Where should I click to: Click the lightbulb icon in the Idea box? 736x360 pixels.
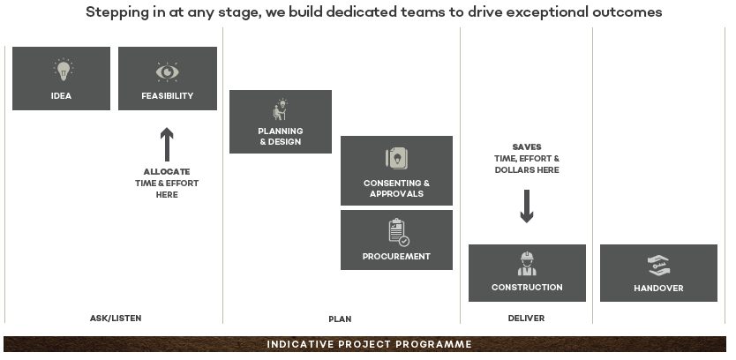(62, 70)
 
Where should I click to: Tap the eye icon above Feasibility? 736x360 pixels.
(167, 71)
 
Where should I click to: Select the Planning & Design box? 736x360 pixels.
(281, 122)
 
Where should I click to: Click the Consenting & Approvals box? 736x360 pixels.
(396, 170)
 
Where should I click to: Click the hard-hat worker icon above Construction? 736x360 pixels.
(527, 264)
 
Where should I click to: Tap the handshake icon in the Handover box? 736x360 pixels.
(658, 266)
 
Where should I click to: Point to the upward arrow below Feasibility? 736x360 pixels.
(167, 145)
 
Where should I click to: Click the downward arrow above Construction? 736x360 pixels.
(527, 205)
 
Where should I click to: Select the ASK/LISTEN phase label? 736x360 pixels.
(116, 318)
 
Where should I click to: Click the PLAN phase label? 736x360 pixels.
(339, 319)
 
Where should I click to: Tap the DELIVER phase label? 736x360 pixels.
(526, 318)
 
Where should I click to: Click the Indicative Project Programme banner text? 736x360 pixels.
(369, 344)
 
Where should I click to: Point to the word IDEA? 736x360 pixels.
(62, 95)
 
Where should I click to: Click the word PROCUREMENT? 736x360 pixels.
(396, 256)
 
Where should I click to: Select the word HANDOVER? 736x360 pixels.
(658, 288)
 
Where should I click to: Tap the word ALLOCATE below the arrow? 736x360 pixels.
(167, 171)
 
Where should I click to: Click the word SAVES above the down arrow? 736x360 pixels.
(527, 146)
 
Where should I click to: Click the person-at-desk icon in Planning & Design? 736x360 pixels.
(281, 110)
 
